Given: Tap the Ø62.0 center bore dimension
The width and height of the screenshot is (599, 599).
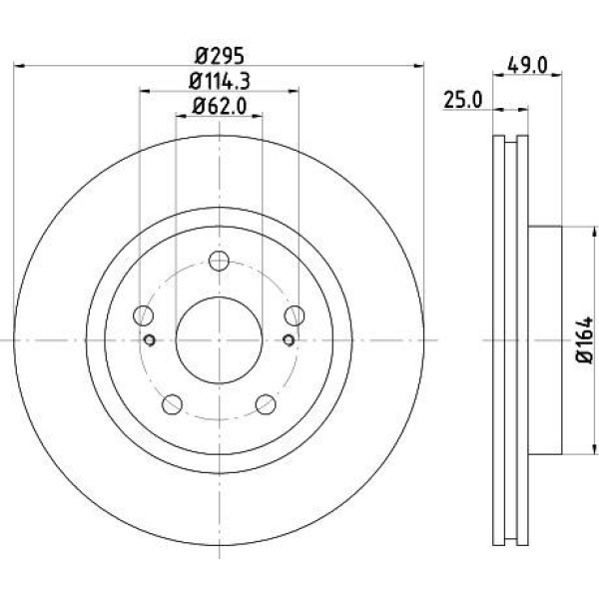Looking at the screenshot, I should (x=218, y=103).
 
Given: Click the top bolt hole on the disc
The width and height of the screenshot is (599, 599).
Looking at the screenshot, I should (x=220, y=262).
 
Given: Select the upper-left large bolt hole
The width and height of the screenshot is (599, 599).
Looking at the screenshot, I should (x=144, y=316).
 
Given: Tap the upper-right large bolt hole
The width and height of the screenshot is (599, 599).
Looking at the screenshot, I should (x=295, y=316).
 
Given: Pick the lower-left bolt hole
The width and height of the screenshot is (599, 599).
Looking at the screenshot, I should (x=173, y=404).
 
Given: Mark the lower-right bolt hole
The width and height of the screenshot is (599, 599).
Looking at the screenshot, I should (x=266, y=404).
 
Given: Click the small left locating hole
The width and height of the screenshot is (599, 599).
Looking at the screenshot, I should (x=151, y=340).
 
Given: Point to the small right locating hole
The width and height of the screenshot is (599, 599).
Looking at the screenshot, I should (x=289, y=340).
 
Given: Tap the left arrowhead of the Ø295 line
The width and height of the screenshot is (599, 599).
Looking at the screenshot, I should (x=19, y=66).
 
